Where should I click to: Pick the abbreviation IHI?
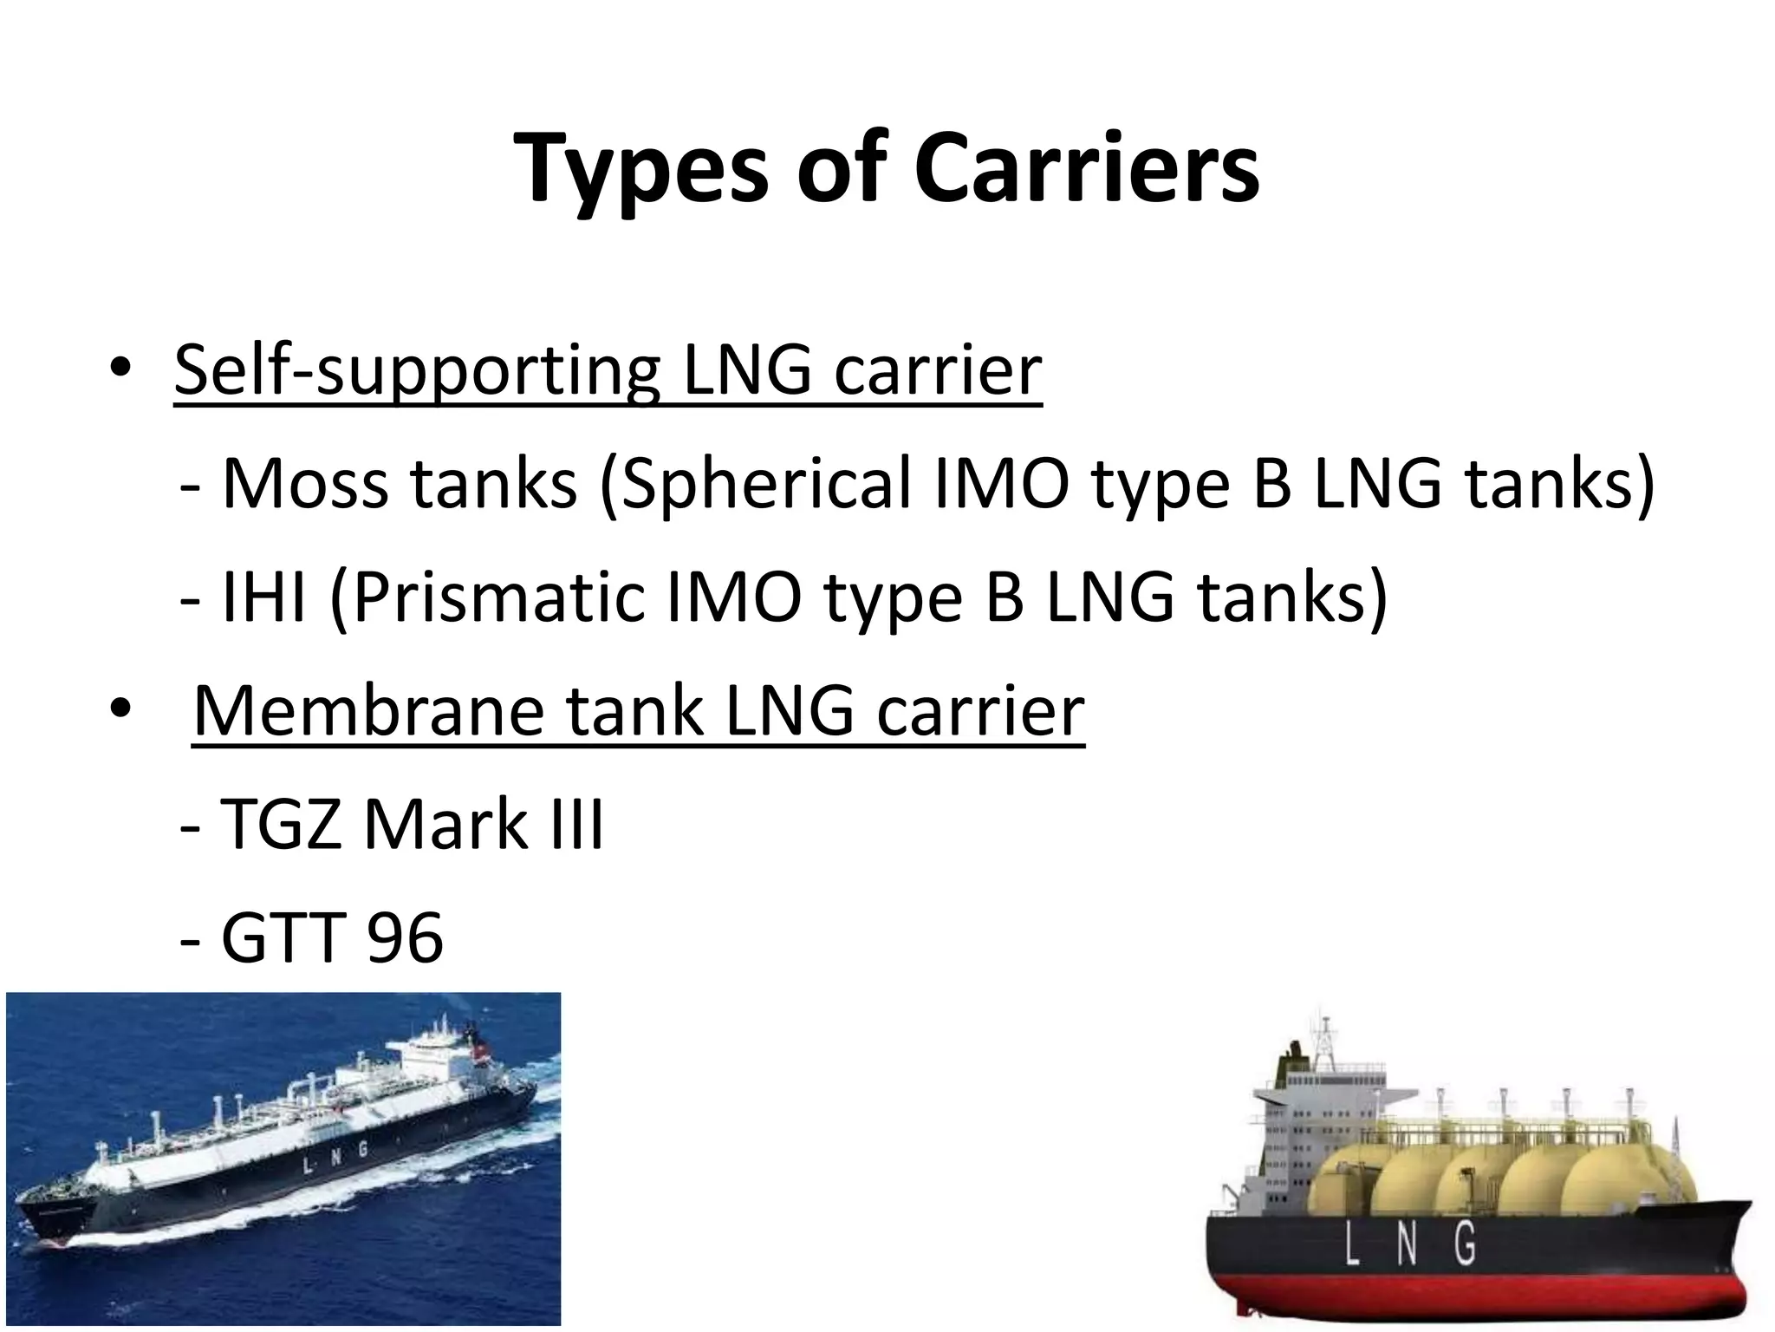pyautogui.click(x=263, y=597)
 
